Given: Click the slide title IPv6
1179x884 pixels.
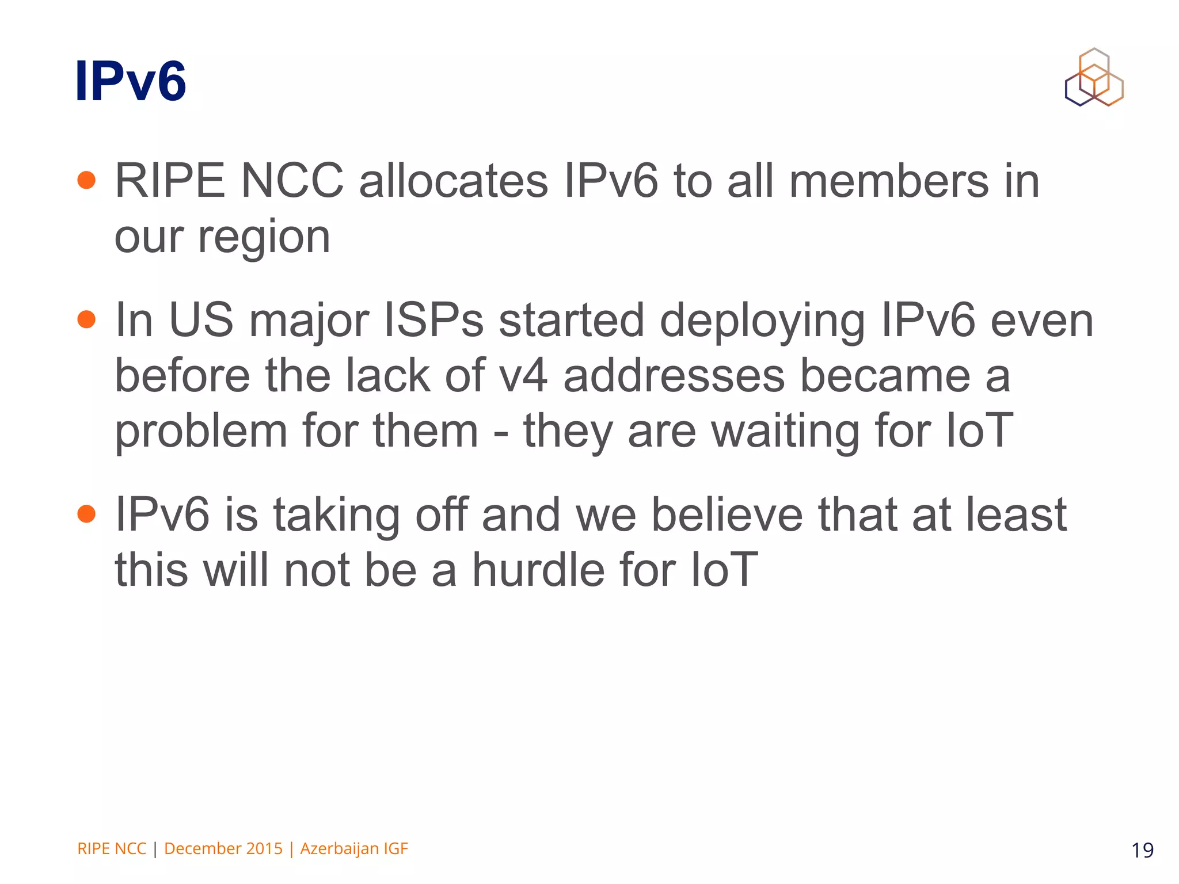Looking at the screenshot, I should click(130, 82).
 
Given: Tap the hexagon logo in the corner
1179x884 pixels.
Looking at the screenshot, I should click(1094, 78).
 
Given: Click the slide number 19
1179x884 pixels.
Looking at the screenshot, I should click(1142, 850).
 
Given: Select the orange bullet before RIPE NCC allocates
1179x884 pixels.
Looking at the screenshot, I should click(86, 180).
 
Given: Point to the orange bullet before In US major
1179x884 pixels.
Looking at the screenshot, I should click(86, 319).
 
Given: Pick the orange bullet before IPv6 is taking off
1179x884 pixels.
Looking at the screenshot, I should click(86, 513).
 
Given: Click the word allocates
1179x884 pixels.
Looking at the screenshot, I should click(453, 181).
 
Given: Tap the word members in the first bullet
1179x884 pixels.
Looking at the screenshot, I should click(888, 181).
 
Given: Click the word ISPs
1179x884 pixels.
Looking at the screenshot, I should click(433, 321).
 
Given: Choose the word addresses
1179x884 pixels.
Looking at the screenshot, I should click(674, 376).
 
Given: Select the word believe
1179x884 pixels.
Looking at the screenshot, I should click(727, 515).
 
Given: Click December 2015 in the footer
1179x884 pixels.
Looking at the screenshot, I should click(223, 849).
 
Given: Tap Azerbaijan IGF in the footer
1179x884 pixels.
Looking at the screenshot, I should click(354, 849).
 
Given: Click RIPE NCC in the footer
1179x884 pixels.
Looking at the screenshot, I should click(112, 849).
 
